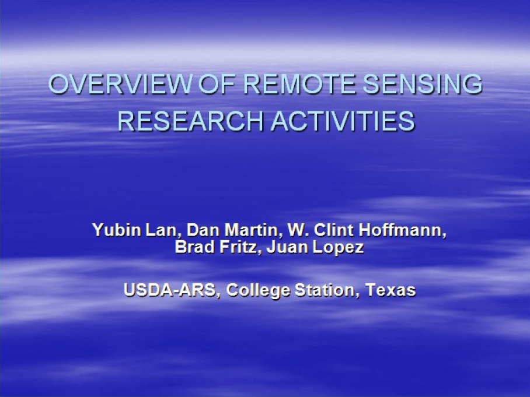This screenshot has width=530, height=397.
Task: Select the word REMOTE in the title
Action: (299, 84)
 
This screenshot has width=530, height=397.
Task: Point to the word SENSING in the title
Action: (423, 84)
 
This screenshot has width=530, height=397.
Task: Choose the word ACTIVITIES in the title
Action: (343, 121)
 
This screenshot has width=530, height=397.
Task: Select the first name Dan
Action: (203, 230)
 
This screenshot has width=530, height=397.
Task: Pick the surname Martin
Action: (251, 231)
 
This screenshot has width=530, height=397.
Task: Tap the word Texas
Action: (390, 290)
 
